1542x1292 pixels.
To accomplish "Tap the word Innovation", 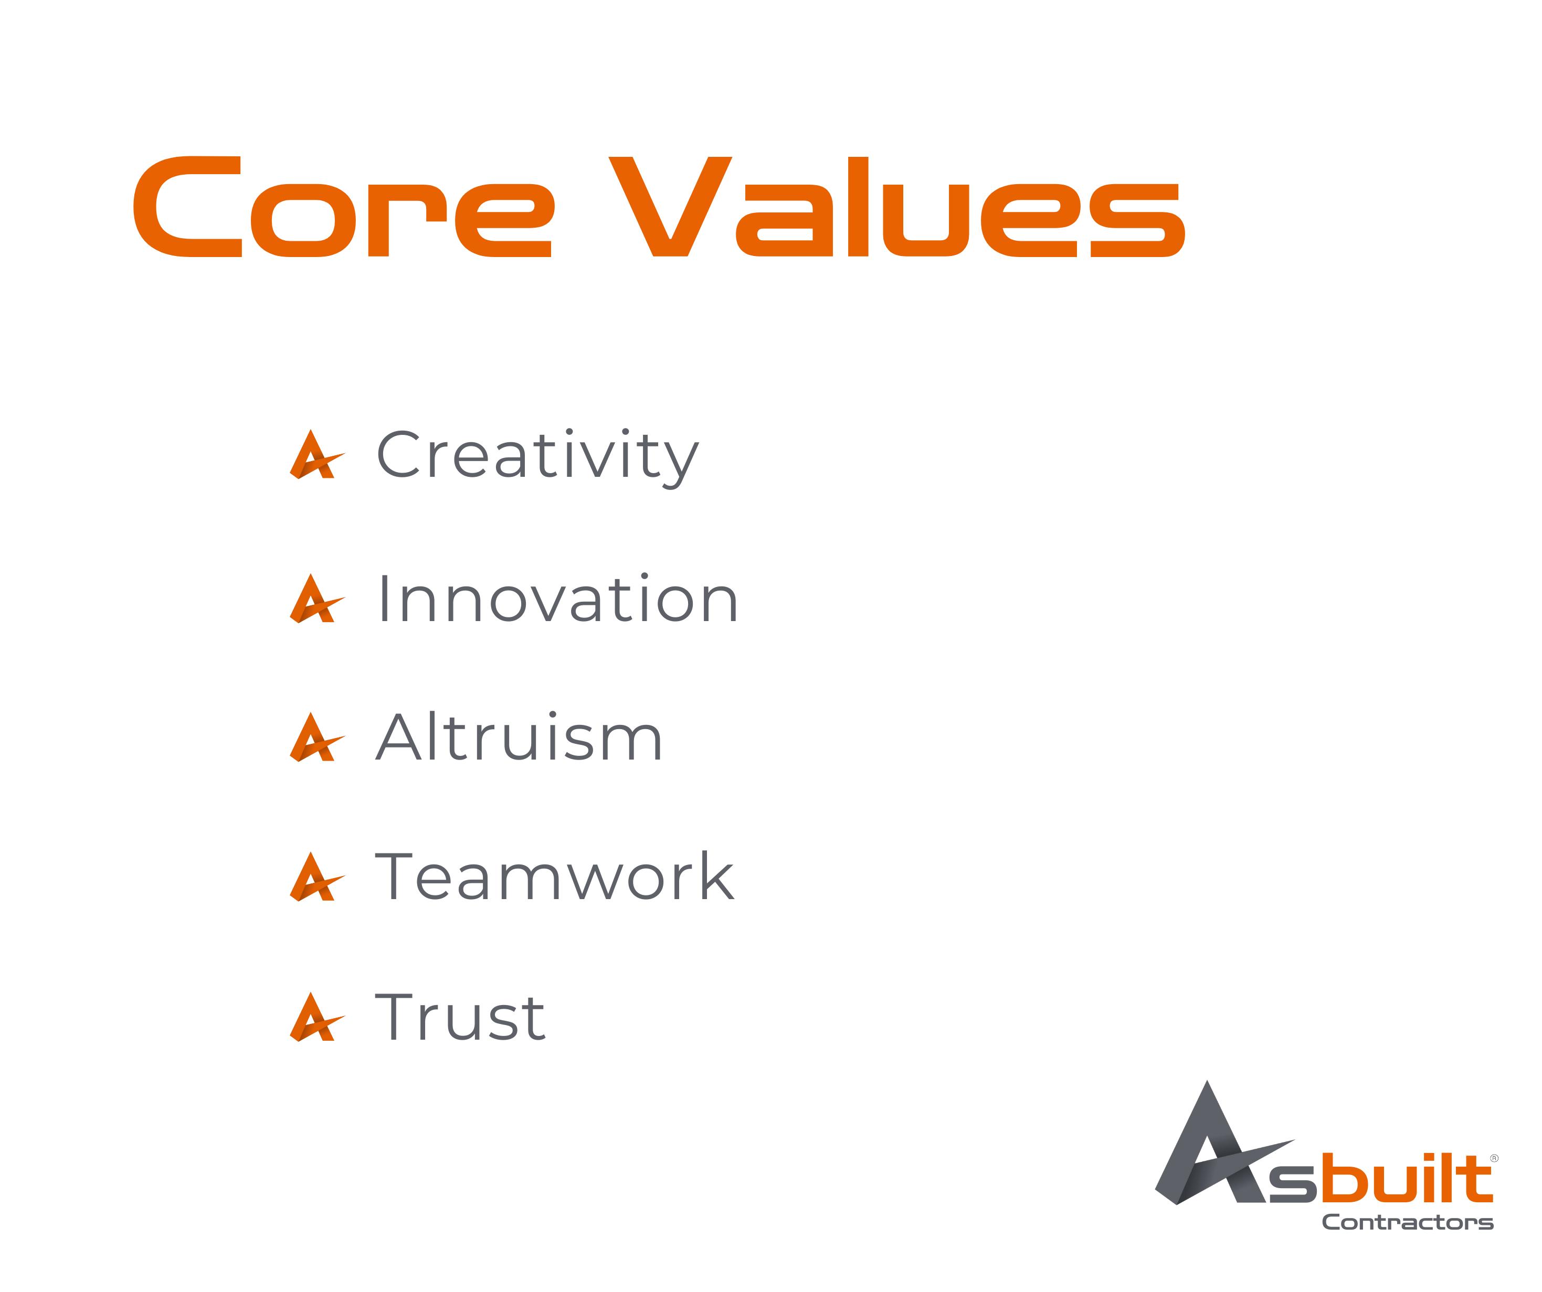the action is point(557,599).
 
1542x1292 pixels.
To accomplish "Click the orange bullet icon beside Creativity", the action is point(316,454).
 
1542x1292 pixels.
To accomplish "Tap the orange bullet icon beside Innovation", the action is point(316,599).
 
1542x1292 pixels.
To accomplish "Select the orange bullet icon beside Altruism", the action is point(316,737).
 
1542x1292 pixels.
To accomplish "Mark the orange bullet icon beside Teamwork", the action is point(316,877).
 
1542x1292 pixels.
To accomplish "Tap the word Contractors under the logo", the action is point(1408,1222).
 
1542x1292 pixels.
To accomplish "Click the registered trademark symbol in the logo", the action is point(1494,1158).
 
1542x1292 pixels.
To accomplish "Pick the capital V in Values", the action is point(670,206).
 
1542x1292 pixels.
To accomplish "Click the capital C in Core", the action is point(187,206).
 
